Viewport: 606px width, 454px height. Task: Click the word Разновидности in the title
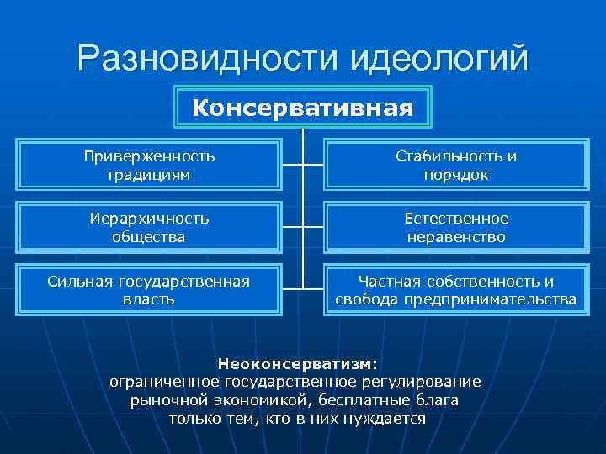205,57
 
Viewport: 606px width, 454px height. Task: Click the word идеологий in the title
439,57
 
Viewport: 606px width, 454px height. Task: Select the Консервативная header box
303,108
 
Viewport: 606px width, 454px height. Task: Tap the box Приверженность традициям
150,166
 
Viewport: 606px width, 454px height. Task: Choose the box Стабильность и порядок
456,166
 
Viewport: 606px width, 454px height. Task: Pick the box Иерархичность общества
150,228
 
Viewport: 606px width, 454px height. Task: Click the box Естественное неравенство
456,228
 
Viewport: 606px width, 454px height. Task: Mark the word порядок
456,175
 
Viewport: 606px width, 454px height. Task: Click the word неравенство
456,237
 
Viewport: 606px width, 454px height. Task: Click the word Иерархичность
150,219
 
